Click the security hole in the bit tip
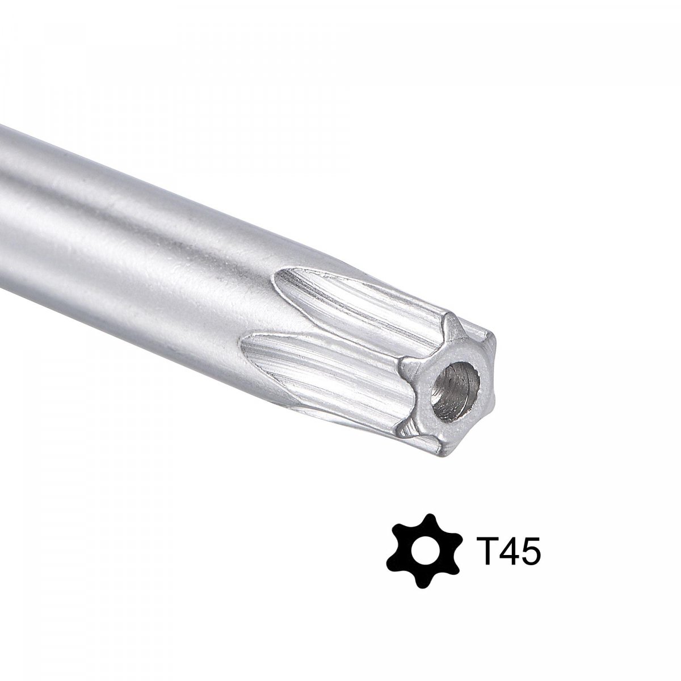click(x=456, y=391)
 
